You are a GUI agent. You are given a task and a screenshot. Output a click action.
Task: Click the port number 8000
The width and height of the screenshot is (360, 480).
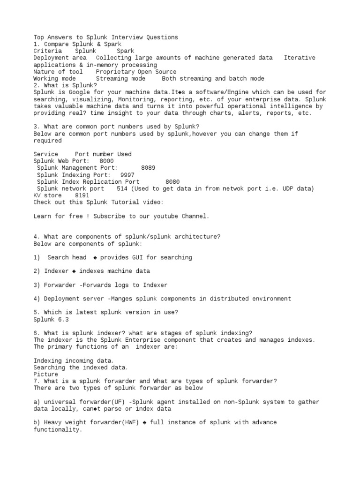tap(106, 161)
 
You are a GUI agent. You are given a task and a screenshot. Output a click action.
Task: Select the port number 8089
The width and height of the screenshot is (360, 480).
tap(148, 168)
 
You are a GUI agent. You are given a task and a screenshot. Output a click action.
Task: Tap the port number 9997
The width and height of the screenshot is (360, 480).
tap(127, 175)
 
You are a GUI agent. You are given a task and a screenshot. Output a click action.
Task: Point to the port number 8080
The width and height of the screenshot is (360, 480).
tap(172, 182)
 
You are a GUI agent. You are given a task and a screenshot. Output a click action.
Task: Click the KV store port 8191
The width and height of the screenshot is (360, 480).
tap(82, 195)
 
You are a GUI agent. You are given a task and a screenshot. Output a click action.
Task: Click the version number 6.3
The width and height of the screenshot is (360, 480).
tap(63, 319)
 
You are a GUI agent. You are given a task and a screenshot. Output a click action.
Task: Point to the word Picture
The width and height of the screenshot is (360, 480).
tap(46, 375)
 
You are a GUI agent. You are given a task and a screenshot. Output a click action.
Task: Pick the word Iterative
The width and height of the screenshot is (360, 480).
tap(300, 58)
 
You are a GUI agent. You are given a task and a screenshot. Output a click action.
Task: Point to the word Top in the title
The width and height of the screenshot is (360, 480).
tap(39, 37)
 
